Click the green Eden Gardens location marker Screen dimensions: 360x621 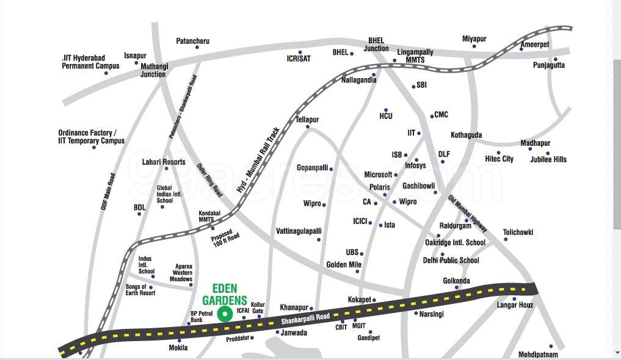[x=225, y=314]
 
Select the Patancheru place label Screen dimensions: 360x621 [x=192, y=41]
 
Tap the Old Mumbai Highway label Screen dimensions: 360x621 [x=468, y=214]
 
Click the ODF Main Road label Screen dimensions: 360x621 [x=108, y=192]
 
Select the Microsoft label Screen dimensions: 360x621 [x=378, y=175]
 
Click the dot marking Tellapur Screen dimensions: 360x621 [x=308, y=127]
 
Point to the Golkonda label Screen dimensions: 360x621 [x=456, y=281]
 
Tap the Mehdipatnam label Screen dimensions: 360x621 [x=538, y=355]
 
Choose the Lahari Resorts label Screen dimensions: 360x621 [x=164, y=162]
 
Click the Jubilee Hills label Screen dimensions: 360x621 [x=548, y=159]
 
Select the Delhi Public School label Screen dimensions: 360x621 [x=451, y=261]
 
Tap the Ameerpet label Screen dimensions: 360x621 [x=534, y=45]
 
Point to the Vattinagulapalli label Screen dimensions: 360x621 [x=299, y=231]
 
